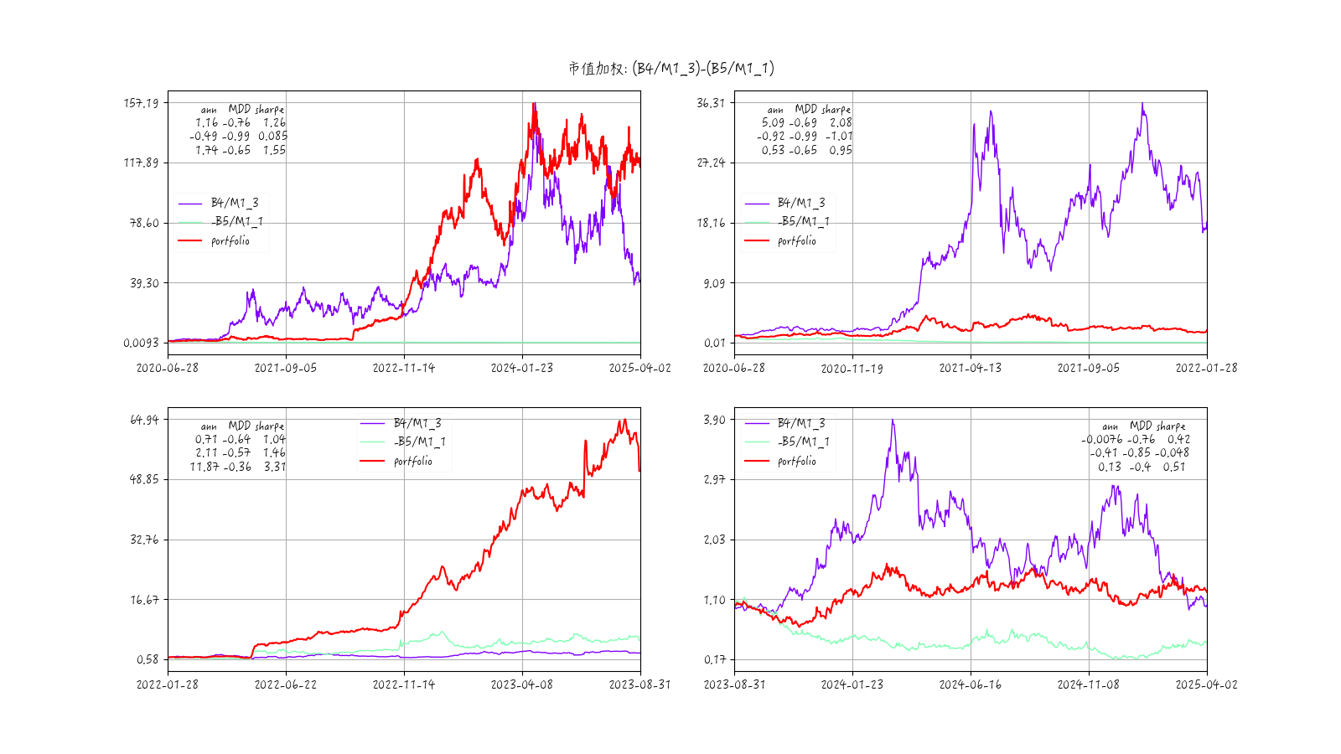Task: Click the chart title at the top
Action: [670, 68]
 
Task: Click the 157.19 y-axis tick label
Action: [141, 103]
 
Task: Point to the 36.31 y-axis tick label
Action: [711, 103]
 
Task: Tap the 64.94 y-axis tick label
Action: [144, 420]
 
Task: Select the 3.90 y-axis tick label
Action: [714, 420]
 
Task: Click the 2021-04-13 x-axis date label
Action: [970, 368]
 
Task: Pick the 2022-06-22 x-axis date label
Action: [286, 684]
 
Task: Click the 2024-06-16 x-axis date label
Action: [970, 684]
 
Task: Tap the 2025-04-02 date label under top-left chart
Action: [639, 368]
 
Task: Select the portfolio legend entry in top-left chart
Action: [230, 240]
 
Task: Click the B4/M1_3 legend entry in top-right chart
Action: [800, 203]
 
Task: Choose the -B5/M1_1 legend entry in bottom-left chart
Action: [419, 442]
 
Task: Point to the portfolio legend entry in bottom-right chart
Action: [796, 461]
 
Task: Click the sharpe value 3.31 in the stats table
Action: [275, 467]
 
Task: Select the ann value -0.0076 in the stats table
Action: [1101, 439]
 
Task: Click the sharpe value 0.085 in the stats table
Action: [272, 136]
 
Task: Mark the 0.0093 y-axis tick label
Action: [141, 343]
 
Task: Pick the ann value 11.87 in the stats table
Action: [204, 467]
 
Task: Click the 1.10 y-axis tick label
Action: [714, 600]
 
